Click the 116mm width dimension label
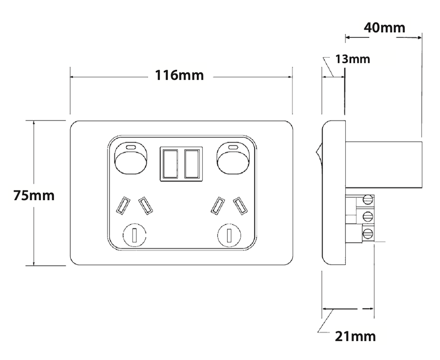(179, 76)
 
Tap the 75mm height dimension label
(34, 195)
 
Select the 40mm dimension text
(384, 28)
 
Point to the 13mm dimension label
(352, 59)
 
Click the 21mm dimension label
(356, 337)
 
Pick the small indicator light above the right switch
(234, 147)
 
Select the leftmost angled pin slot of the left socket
(122, 206)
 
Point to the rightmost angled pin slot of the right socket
(240, 206)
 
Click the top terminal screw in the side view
(367, 201)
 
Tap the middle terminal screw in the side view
(367, 216)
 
